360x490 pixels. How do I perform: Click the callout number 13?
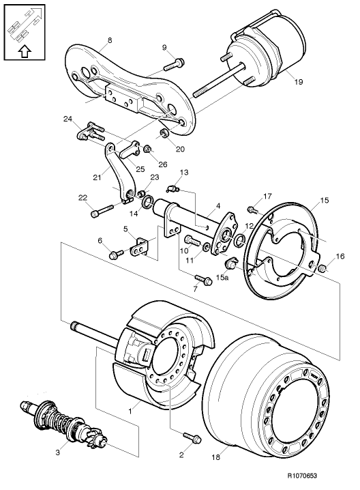(183, 172)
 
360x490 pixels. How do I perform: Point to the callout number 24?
(68, 119)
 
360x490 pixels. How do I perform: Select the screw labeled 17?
(251, 209)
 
